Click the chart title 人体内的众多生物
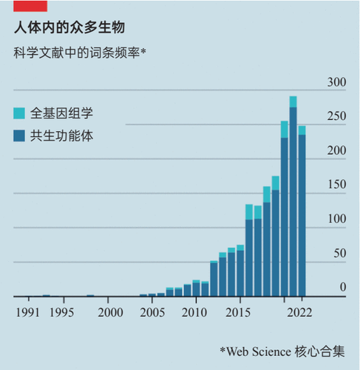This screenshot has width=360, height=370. (x=69, y=27)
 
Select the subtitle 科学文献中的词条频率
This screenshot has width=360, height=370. (x=77, y=53)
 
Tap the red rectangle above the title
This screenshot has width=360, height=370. (x=30, y=6)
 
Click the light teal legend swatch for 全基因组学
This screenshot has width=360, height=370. (x=19, y=113)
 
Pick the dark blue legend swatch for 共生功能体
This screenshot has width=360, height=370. (x=19, y=136)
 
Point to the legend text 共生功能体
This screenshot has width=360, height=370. (x=61, y=136)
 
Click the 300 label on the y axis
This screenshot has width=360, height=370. (x=336, y=82)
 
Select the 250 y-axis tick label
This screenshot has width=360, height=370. (x=336, y=116)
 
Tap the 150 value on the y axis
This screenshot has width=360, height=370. (x=336, y=184)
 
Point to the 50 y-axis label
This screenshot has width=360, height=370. (x=340, y=253)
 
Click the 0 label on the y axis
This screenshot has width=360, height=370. (x=343, y=287)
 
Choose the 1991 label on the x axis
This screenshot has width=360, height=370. (x=27, y=313)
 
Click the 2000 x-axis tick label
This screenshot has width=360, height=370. (x=110, y=313)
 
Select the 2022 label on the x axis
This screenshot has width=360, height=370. (x=299, y=313)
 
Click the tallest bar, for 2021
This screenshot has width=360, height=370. (x=293, y=196)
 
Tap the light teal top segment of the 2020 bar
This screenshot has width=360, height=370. (x=285, y=129)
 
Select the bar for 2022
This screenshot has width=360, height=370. (x=302, y=211)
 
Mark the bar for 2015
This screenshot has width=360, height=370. (x=240, y=270)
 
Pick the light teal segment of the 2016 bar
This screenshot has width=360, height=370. (x=249, y=212)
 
